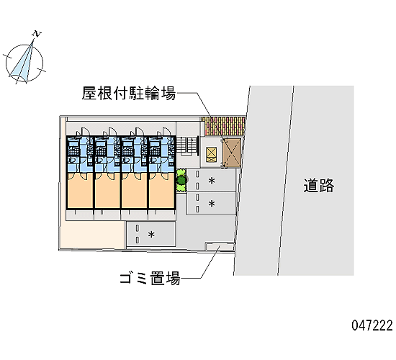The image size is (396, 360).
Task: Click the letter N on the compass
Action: [37, 34]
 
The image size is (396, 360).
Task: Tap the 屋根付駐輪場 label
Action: [129, 93]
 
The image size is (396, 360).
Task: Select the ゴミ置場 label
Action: [150, 278]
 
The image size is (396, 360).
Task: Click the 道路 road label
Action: [319, 186]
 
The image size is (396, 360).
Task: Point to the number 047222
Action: [372, 325]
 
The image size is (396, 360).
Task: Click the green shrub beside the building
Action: [181, 180]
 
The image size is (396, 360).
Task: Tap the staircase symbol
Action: [187, 145]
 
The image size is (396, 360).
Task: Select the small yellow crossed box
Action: [212, 155]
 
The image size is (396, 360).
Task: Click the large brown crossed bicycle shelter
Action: [232, 153]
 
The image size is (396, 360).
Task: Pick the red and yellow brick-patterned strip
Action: [225, 126]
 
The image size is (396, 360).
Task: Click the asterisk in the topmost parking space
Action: [212, 181]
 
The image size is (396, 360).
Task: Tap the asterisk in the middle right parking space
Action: [212, 204]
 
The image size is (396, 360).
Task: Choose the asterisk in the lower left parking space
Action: [151, 235]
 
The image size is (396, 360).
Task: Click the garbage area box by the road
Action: [220, 246]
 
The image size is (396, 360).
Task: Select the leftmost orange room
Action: [80, 191]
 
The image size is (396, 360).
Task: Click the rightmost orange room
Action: [161, 191]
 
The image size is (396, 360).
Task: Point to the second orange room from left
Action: [107, 191]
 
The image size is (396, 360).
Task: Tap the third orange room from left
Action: [135, 191]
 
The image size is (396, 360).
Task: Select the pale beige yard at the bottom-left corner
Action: [92, 235]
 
